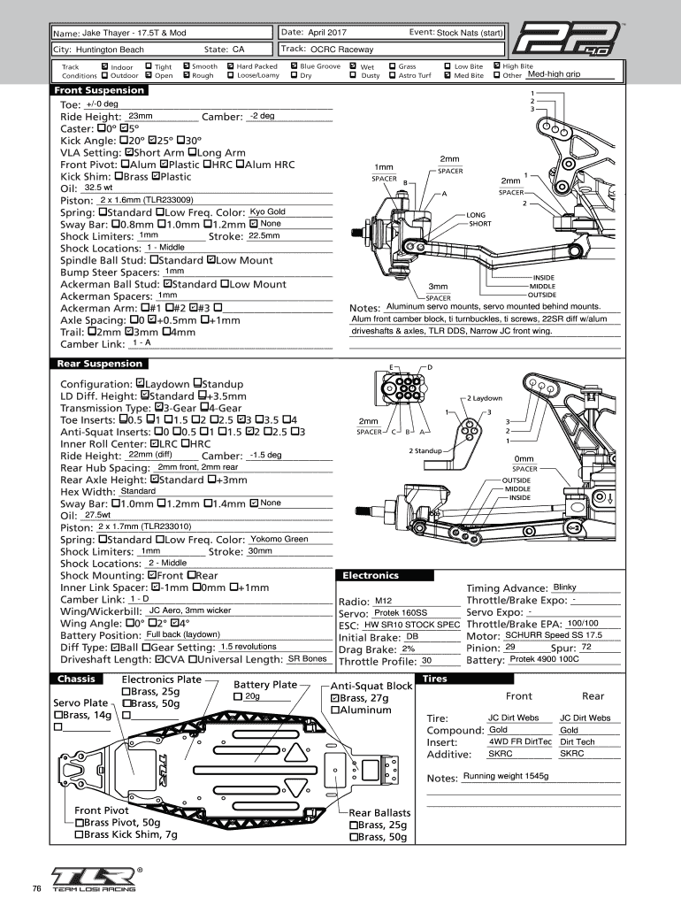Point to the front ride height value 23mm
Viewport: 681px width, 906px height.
pyautogui.click(x=142, y=116)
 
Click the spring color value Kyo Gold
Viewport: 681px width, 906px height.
pyautogui.click(x=268, y=211)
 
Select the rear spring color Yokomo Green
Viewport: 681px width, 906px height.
pyautogui.click(x=279, y=539)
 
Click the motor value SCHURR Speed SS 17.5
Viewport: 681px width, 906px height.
pyautogui.click(x=553, y=635)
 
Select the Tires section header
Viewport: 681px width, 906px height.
pyautogui.click(x=436, y=679)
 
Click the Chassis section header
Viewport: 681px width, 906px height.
pyautogui.click(x=77, y=679)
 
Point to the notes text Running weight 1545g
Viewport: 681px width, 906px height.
pyautogui.click(x=506, y=776)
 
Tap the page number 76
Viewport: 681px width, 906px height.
pyautogui.click(x=36, y=888)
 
